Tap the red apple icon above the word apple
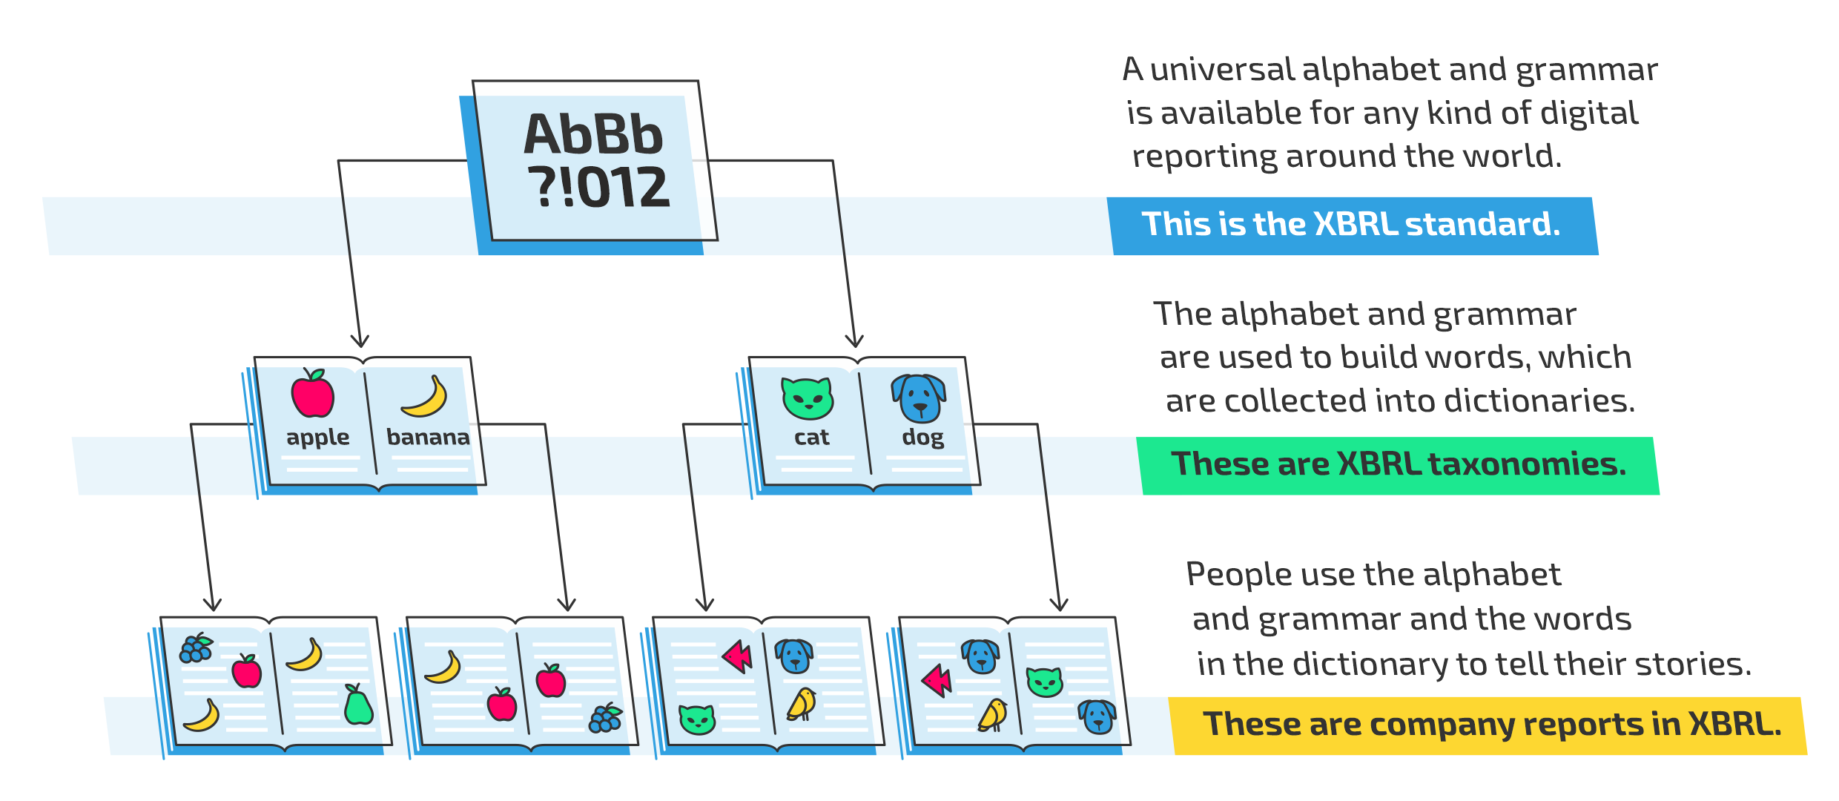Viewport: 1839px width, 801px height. click(x=312, y=393)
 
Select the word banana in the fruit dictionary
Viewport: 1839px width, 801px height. click(x=428, y=437)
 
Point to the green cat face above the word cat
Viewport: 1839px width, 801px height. click(x=808, y=398)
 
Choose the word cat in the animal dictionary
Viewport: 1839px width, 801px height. click(x=811, y=438)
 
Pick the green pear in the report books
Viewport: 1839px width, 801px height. click(x=358, y=704)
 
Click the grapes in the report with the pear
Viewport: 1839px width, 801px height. click(x=196, y=647)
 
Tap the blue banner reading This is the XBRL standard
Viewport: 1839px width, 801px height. click(x=1353, y=225)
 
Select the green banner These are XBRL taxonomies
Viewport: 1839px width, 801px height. click(x=1399, y=466)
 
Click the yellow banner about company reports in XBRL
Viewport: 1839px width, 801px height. click(x=1488, y=726)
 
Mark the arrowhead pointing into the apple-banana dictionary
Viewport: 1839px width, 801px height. click(x=360, y=340)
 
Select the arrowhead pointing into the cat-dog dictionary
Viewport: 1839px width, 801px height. click(x=854, y=340)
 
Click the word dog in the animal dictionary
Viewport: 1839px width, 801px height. click(x=923, y=438)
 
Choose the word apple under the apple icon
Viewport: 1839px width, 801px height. click(x=318, y=438)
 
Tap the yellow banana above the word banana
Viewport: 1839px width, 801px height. click(x=425, y=396)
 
